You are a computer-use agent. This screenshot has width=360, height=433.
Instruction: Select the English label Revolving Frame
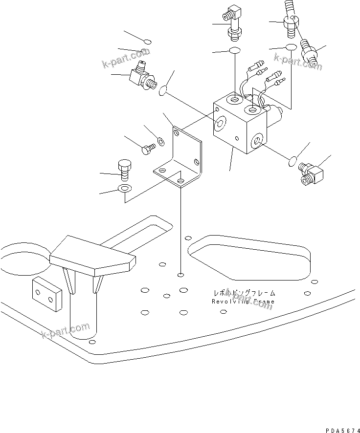243,302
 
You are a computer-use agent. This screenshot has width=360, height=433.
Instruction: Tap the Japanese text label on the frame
244,293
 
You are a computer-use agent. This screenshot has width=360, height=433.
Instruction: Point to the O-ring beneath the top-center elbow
234,51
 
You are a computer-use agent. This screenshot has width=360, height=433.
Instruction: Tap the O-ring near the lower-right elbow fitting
292,161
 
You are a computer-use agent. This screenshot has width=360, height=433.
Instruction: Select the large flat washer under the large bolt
125,189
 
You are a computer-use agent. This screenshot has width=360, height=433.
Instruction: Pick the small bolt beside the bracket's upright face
147,149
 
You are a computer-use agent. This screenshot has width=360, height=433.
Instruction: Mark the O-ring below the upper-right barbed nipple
291,47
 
